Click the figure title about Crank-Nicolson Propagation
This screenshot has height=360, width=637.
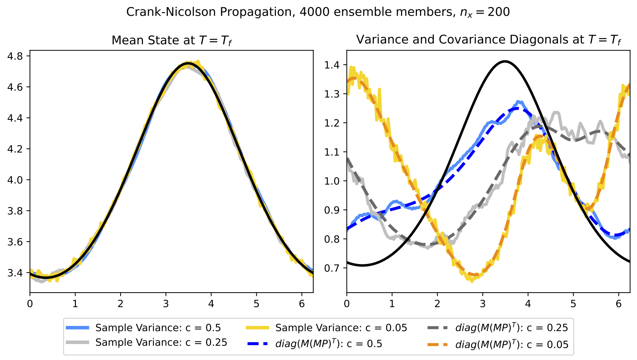(318, 12)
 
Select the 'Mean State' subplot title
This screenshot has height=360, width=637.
(171, 40)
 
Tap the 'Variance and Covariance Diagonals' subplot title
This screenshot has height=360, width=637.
(488, 40)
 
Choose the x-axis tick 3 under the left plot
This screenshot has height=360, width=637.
(166, 303)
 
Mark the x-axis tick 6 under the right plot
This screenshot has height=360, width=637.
(619, 303)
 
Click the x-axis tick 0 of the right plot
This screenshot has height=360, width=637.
(347, 303)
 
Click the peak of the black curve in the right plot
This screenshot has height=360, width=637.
(505, 61)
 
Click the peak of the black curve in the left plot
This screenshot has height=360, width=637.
(188, 63)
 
